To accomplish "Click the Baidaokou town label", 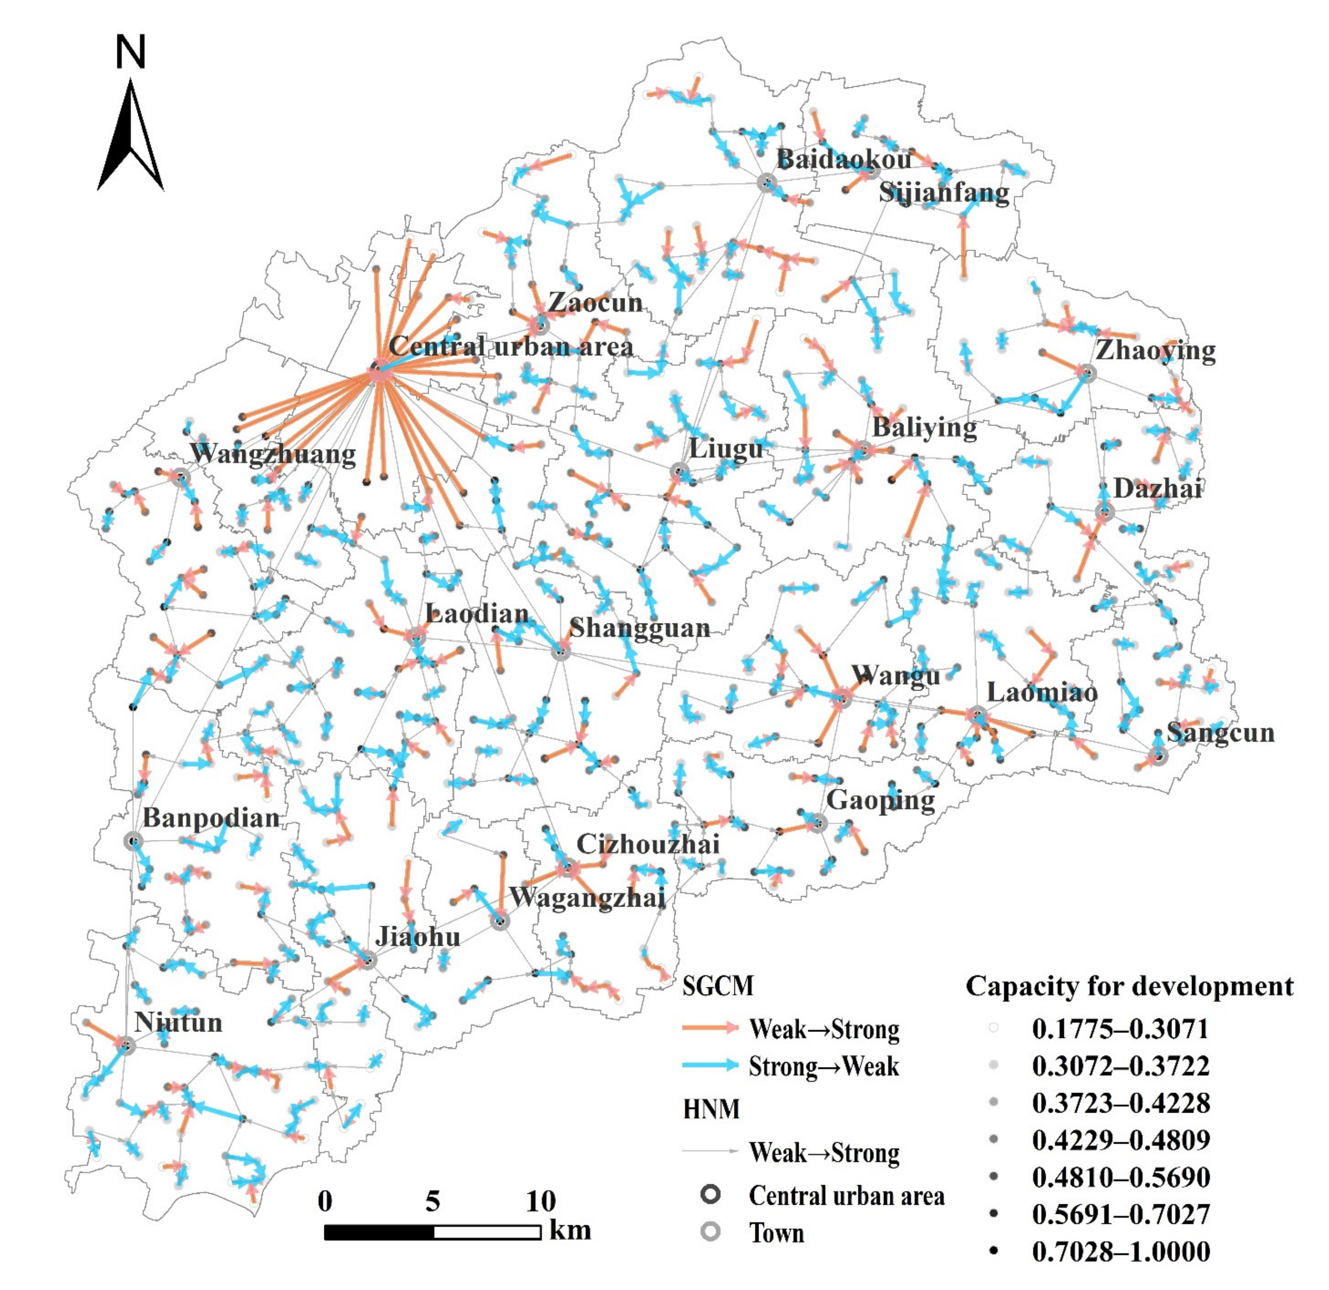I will point(844,159).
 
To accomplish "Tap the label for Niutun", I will point(178,1021).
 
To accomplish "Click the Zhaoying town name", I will point(1156,350).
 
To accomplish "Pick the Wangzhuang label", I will point(273,453).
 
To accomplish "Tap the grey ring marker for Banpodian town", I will point(133,841).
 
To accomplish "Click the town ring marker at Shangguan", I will point(559,653).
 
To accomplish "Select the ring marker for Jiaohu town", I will point(367,960).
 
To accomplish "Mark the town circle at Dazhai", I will point(1104,512).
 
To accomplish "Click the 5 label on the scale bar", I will point(433,1201).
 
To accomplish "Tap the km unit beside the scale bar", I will point(570,1230).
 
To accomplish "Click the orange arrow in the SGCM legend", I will point(710,1027).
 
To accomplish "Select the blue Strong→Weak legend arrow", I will point(710,1065).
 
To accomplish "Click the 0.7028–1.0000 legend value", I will point(1121,1251).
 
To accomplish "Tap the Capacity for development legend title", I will point(1129,986).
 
